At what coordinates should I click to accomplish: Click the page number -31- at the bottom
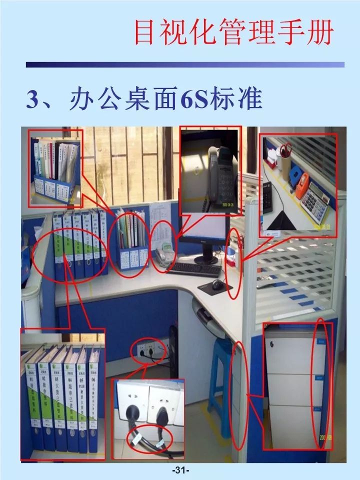pyautogui.click(x=179, y=470)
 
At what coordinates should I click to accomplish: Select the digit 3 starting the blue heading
pyautogui.click(x=33, y=99)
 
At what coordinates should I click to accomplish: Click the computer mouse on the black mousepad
pyautogui.click(x=216, y=285)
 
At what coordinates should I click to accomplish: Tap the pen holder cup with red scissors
pyautogui.click(x=285, y=165)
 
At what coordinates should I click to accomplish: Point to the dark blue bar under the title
pyautogui.click(x=185, y=64)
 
